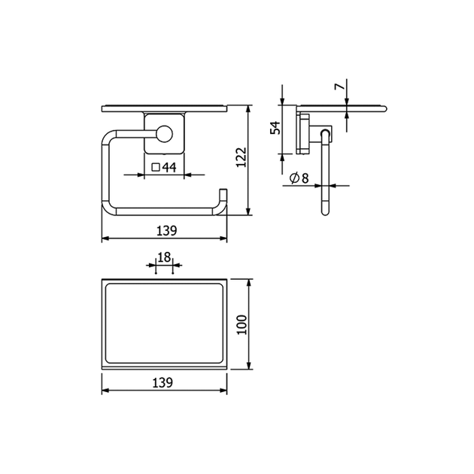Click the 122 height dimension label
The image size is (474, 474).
click(x=242, y=157)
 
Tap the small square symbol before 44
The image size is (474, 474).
click(x=156, y=167)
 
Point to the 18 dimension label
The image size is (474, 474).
click(x=164, y=257)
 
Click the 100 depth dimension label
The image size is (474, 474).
click(x=242, y=325)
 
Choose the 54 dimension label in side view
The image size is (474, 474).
click(x=275, y=128)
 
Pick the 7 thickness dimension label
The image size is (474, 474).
click(x=339, y=87)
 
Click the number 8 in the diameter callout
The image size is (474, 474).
click(x=305, y=178)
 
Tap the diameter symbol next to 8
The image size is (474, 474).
click(x=294, y=178)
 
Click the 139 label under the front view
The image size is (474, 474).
click(x=166, y=231)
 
